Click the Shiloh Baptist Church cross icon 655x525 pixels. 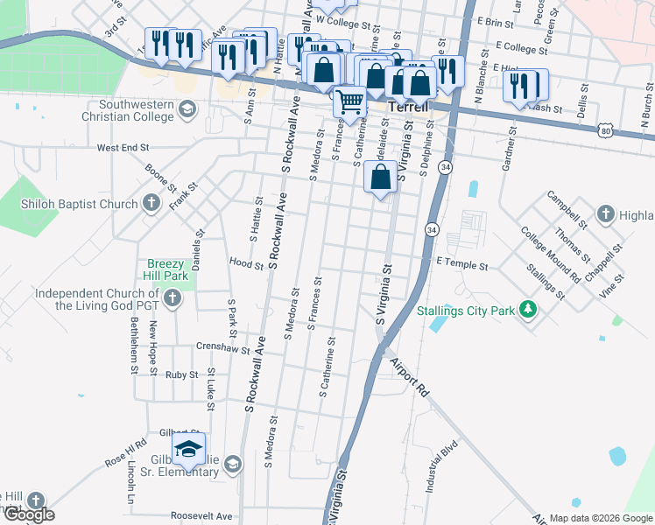pos(151,205)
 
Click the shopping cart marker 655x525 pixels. pos(350,102)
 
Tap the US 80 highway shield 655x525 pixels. pos(606,130)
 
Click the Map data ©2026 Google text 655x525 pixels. pos(600,518)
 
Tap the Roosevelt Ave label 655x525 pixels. pos(201,515)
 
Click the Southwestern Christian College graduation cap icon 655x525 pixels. pos(186,108)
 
